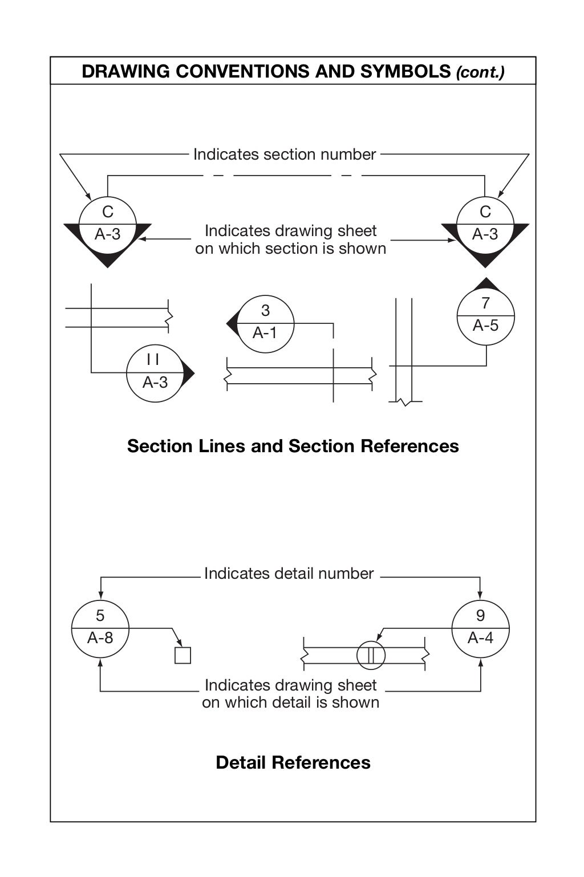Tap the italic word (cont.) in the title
[x=480, y=72]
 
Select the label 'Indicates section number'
[x=285, y=155]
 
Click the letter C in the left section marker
[x=107, y=212]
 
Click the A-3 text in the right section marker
[x=485, y=234]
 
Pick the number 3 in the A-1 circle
[x=265, y=311]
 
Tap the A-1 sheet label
[x=265, y=333]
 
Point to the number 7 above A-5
[x=485, y=303]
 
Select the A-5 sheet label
[x=485, y=326]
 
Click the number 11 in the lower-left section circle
[x=153, y=359]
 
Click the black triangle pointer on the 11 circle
[x=189, y=373]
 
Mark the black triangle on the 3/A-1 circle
[x=232, y=324]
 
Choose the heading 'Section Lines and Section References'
[x=293, y=446]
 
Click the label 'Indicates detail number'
[x=289, y=574]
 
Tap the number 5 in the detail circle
[x=100, y=616]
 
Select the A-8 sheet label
[x=100, y=638]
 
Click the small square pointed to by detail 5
[x=182, y=656]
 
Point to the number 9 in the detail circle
[x=480, y=616]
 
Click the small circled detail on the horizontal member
[x=371, y=656]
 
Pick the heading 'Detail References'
[x=293, y=763]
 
